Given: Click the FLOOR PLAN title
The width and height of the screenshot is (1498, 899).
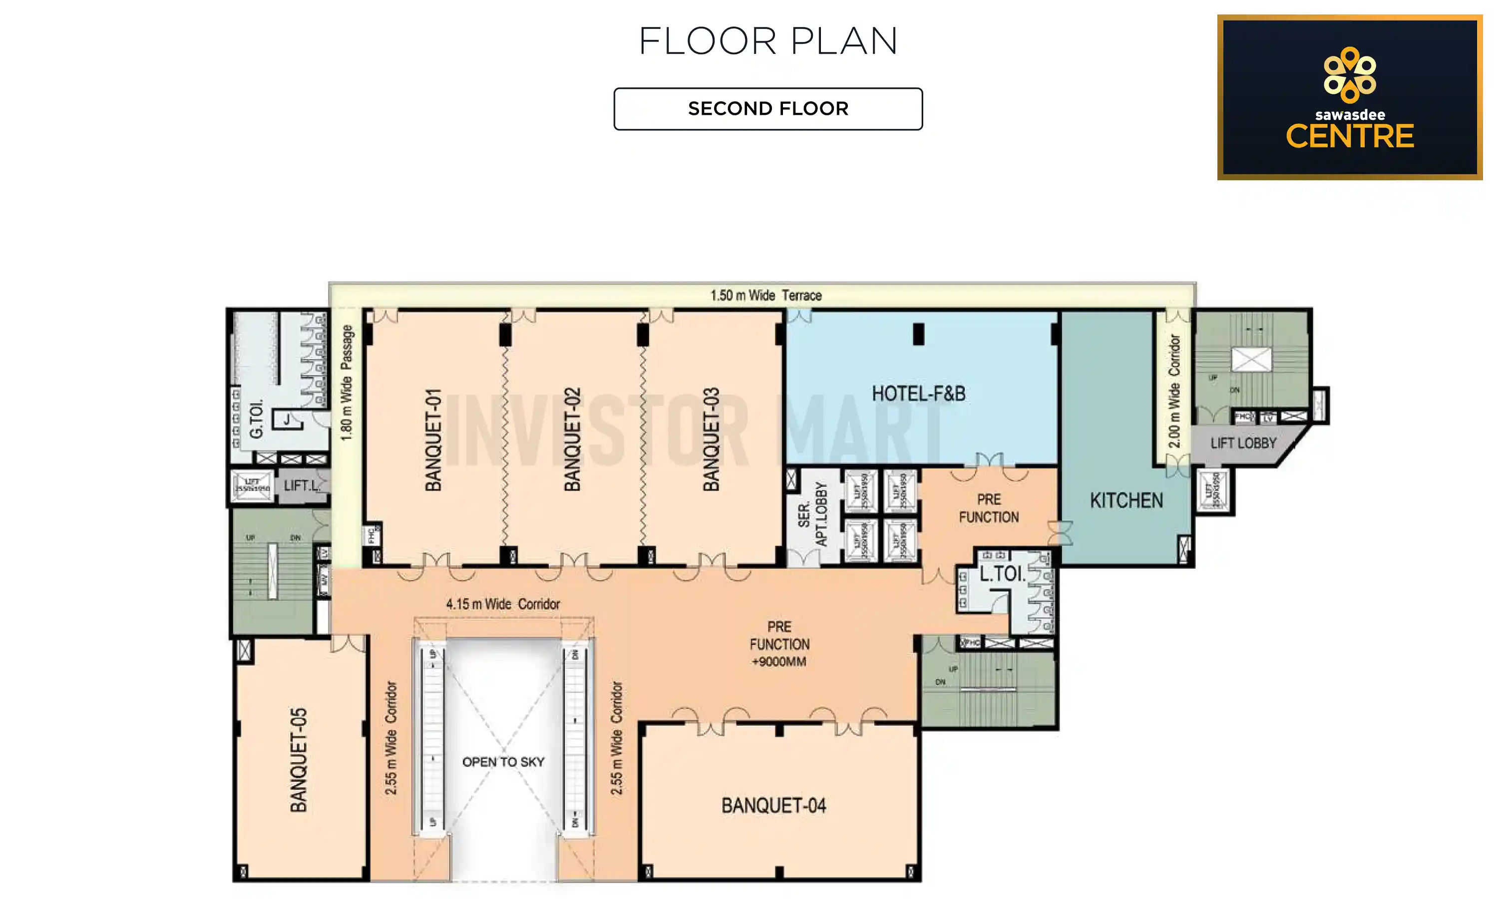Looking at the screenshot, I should tap(768, 41).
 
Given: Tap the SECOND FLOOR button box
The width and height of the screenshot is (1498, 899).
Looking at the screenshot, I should tap(768, 109).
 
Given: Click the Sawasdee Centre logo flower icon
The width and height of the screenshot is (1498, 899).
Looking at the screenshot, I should tap(1349, 74).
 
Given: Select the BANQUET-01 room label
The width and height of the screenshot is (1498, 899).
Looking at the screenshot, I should tap(433, 440).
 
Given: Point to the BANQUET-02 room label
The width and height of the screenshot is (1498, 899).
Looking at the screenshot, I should tap(572, 440).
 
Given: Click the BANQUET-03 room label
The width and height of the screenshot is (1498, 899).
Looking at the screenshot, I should tap(712, 440).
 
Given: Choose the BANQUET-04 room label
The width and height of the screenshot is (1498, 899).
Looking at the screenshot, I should tap(774, 806).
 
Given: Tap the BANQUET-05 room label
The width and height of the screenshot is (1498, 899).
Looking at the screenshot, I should tap(299, 760).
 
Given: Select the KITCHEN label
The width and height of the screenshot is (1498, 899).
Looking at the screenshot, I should tap(1126, 501).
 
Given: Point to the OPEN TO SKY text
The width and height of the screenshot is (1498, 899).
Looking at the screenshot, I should tap(503, 762).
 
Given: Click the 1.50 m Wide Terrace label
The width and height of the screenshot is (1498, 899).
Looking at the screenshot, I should tap(766, 296).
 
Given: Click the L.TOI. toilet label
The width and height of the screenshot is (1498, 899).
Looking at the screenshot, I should tap(1002, 574).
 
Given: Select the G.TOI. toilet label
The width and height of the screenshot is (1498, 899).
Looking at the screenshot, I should tap(256, 419).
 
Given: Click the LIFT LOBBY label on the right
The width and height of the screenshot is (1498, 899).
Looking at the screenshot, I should tap(1243, 444).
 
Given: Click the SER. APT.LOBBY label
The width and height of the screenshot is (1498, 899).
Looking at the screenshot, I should tap(812, 514).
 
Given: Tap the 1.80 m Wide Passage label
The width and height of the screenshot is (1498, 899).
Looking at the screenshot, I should tap(347, 383).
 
